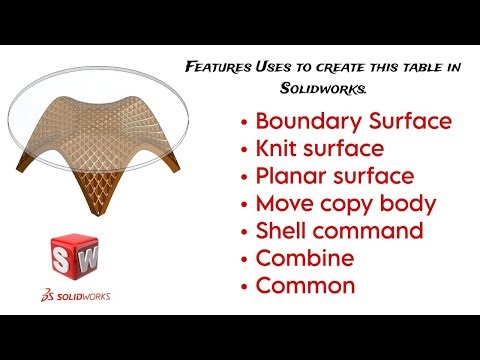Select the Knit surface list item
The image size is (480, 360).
click(x=319, y=150)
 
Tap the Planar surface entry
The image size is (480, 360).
click(x=335, y=177)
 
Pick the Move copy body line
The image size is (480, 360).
click(x=346, y=204)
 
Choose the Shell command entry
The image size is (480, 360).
click(x=339, y=231)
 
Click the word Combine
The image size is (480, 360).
click(x=305, y=258)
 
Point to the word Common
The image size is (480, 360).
click(x=305, y=285)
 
